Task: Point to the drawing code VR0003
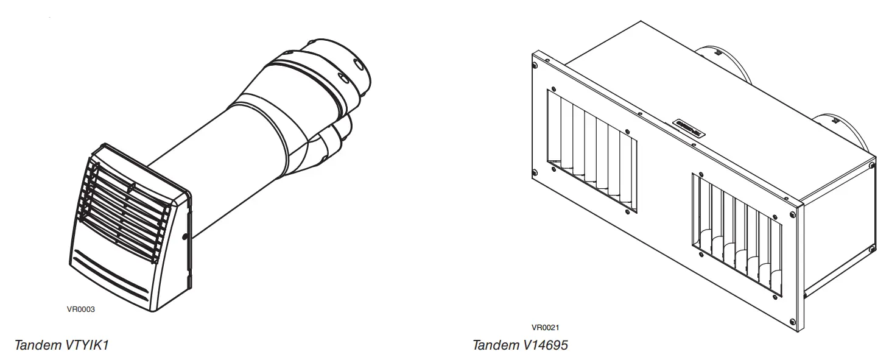pos(81,309)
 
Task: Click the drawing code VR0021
pos(546,327)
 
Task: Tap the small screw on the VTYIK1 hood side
pos(184,236)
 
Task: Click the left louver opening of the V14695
pos(591,152)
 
